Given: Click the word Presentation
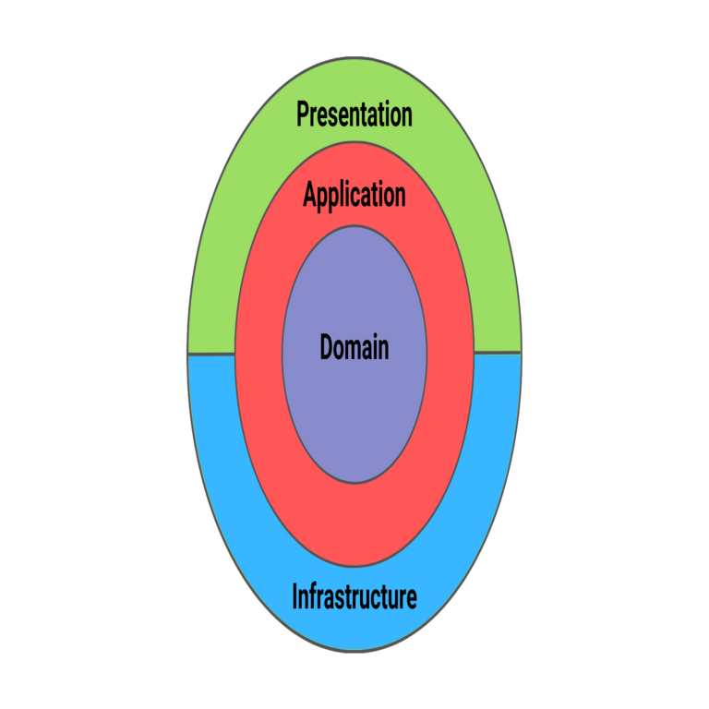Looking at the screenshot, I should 354,115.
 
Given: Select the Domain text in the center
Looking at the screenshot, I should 354,348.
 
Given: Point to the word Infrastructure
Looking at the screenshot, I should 354,597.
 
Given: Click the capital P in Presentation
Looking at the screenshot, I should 303,114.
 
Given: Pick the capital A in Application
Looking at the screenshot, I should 310,196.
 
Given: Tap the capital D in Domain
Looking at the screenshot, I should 327,348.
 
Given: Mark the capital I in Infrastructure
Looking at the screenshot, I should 294,597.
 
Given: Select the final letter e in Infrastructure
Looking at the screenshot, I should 411,599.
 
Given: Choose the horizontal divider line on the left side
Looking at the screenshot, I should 211,354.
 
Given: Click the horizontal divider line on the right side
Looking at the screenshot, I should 498,353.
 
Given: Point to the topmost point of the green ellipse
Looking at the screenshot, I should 354,57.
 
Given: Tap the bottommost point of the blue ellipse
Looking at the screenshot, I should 354,652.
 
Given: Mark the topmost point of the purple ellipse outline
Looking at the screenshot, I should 354,226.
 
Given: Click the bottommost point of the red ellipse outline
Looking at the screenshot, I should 354,566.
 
